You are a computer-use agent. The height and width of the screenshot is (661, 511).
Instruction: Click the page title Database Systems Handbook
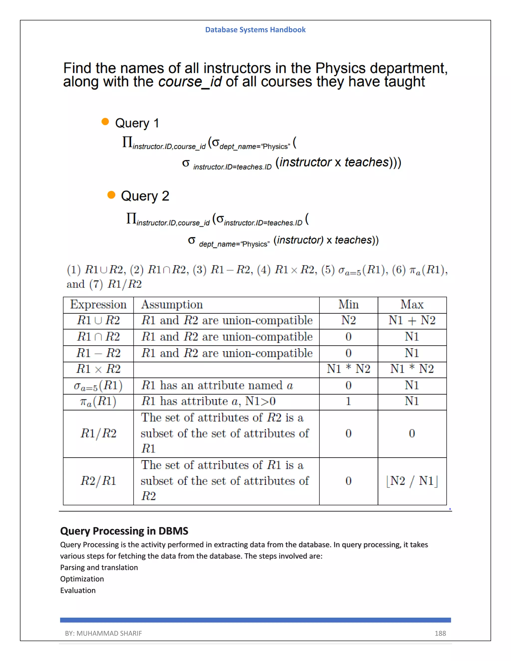[x=255, y=30]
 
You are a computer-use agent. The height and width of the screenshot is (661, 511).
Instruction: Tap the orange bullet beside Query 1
[x=105, y=122]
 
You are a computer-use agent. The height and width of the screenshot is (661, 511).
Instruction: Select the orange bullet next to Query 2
[x=111, y=195]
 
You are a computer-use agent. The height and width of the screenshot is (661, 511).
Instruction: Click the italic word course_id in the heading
[x=190, y=82]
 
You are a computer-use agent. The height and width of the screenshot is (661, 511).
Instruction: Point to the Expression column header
[x=98, y=305]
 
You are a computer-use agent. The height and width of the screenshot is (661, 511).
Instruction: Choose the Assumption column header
[x=172, y=305]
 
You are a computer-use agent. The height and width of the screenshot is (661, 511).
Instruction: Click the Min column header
[x=348, y=305]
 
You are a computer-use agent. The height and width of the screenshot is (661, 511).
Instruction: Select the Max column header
[x=412, y=305]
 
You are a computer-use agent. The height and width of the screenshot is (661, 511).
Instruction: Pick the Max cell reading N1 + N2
[x=412, y=321]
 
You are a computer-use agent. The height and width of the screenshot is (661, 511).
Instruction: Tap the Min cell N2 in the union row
[x=348, y=321]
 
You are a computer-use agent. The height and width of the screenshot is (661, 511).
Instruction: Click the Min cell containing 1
[x=348, y=401]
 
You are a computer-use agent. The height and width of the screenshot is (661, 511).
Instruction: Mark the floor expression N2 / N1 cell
[x=412, y=481]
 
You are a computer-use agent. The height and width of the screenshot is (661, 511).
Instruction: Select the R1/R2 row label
[x=98, y=434]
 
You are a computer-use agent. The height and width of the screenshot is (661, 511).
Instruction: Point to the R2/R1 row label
[x=98, y=481]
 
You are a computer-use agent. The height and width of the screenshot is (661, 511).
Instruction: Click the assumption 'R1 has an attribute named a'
[x=217, y=386]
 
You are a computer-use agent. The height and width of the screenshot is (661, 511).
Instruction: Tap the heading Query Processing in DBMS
[x=124, y=531]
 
